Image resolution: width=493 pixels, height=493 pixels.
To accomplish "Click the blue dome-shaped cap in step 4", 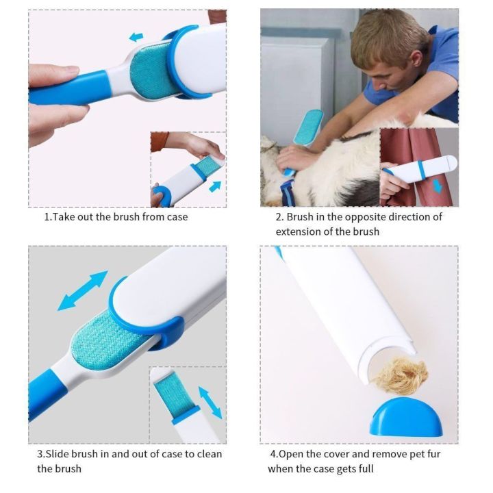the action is (406, 417).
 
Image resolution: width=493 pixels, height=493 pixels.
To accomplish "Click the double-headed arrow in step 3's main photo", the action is (83, 291).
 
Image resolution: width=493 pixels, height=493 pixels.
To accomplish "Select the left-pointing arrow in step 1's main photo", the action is (136, 37).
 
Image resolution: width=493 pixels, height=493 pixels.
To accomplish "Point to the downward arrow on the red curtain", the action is (438, 186).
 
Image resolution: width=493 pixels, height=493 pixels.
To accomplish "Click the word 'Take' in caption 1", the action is (63, 217).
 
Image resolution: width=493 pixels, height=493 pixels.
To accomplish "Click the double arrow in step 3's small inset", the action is (210, 403).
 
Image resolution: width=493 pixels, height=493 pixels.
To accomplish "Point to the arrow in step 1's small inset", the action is (215, 187).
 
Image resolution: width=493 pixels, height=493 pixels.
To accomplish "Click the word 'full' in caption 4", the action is (366, 469).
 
